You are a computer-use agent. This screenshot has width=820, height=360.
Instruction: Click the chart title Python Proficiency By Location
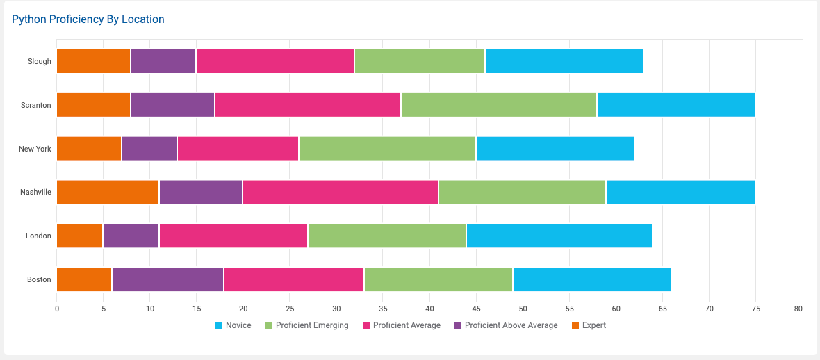[x=88, y=19]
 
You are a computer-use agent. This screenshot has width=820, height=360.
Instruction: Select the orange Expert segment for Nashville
[x=108, y=192]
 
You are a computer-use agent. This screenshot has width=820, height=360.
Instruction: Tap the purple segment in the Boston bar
[x=167, y=279]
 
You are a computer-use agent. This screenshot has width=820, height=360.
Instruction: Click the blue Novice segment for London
[x=559, y=236]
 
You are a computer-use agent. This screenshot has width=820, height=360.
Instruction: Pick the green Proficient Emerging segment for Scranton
[x=498, y=105]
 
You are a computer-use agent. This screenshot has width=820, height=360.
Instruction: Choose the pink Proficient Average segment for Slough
[x=275, y=61]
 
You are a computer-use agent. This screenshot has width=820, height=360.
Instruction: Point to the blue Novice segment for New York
[x=555, y=149]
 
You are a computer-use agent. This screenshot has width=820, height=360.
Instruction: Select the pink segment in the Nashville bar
[x=341, y=192]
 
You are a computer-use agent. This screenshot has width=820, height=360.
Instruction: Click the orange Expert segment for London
[x=79, y=236]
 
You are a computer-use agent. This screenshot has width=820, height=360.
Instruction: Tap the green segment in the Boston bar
[x=438, y=279]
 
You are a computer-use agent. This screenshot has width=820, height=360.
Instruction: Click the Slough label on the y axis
[x=40, y=61]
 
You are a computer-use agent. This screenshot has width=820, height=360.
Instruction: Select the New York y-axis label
[x=35, y=149]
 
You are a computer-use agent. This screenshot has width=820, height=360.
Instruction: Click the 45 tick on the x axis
[x=476, y=308]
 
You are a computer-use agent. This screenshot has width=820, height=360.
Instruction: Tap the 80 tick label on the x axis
[x=798, y=308]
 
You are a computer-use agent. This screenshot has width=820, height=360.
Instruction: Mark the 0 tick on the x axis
[x=57, y=308]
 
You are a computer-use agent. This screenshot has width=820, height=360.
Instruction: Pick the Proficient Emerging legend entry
[x=311, y=325]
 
